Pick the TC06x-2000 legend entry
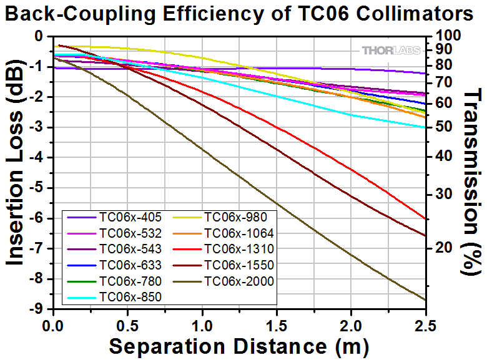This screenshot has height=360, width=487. pyautogui.click(x=239, y=281)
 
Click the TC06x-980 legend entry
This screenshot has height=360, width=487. pyautogui.click(x=235, y=218)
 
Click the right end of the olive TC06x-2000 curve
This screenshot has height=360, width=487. pyautogui.click(x=426, y=300)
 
